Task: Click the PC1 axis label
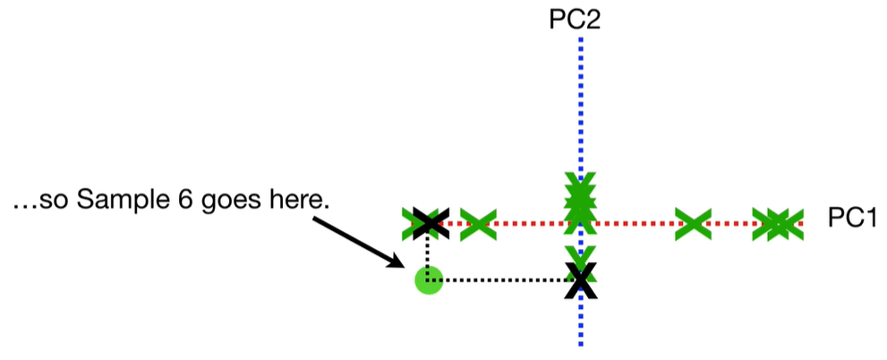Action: click(850, 220)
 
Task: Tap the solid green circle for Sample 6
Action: click(429, 280)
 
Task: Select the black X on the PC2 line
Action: click(581, 280)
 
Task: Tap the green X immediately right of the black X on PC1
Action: click(478, 223)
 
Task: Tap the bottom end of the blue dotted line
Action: click(581, 344)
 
